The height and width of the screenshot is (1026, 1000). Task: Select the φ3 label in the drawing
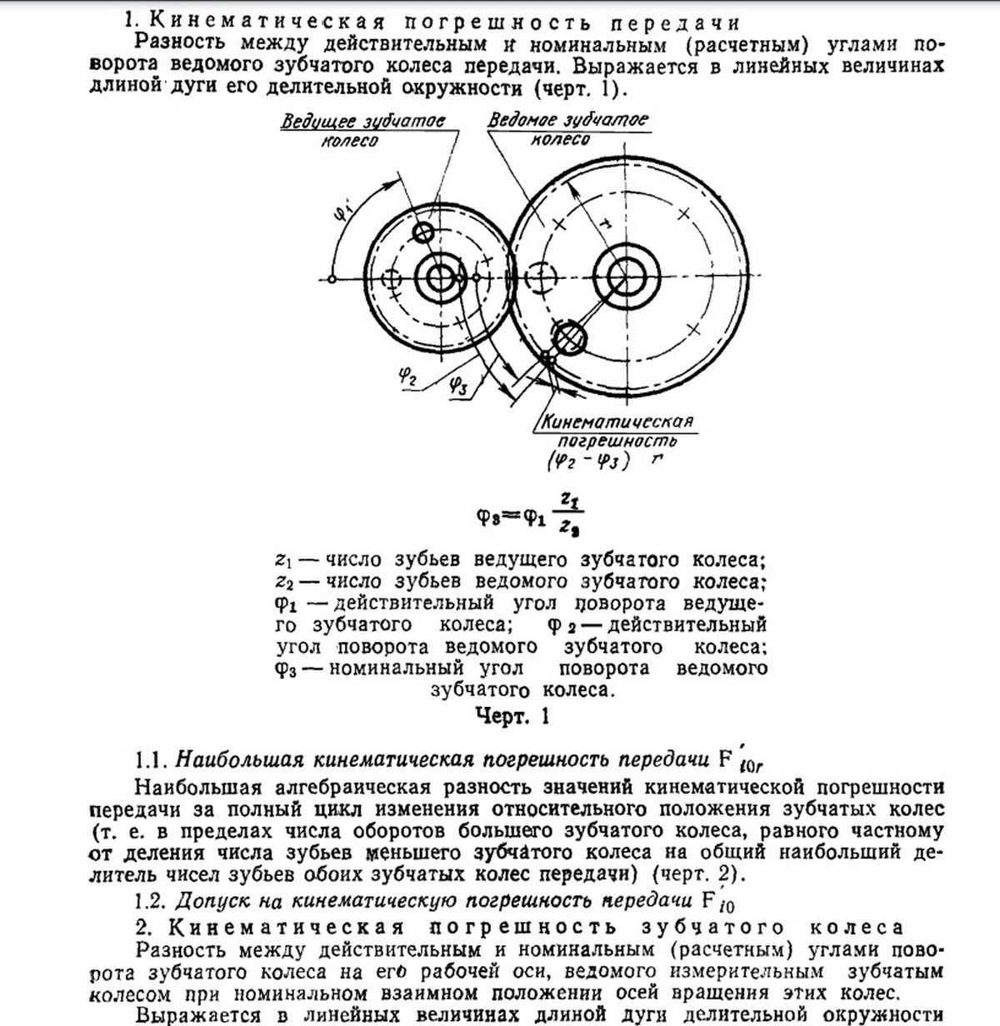point(457,384)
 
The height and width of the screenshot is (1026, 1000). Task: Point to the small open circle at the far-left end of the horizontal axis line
point(332,278)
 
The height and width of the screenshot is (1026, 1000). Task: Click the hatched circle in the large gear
point(570,336)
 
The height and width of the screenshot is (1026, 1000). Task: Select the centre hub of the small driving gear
point(437,278)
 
